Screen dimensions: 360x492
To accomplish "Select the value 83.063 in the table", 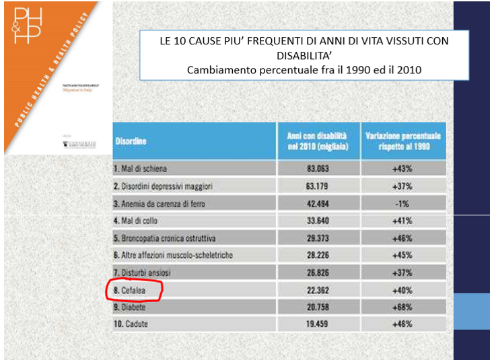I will click(317, 168).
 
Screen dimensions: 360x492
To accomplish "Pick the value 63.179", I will click(317, 185).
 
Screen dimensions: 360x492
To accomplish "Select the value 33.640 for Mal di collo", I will click(317, 220).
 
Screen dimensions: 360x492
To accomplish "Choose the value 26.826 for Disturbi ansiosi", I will click(317, 273).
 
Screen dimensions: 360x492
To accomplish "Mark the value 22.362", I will click(317, 290).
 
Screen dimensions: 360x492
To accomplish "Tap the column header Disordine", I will click(132, 141).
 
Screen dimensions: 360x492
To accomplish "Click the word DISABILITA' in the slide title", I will click(304, 55).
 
